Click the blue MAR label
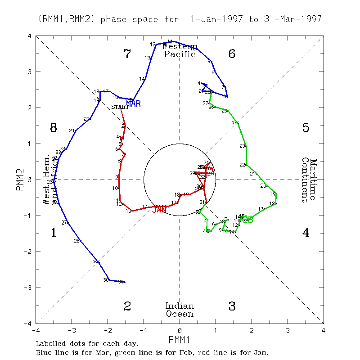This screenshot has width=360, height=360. [134, 103]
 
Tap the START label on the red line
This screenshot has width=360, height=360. [120, 107]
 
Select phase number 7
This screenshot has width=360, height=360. [127, 54]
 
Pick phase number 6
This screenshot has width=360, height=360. [232, 54]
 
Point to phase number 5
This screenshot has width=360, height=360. [306, 128]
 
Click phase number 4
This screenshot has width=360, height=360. [306, 233]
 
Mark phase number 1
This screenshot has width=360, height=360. [54, 233]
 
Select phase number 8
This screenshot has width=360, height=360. [54, 128]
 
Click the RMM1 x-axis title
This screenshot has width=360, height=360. [179, 339]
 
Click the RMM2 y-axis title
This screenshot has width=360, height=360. [20, 180]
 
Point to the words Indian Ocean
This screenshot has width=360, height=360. [179, 310]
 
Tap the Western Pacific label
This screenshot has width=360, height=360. [180, 50]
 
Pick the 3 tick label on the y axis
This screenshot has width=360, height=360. [29, 72]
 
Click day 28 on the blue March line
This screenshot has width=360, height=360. [76, 241]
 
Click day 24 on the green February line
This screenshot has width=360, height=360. [234, 123]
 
